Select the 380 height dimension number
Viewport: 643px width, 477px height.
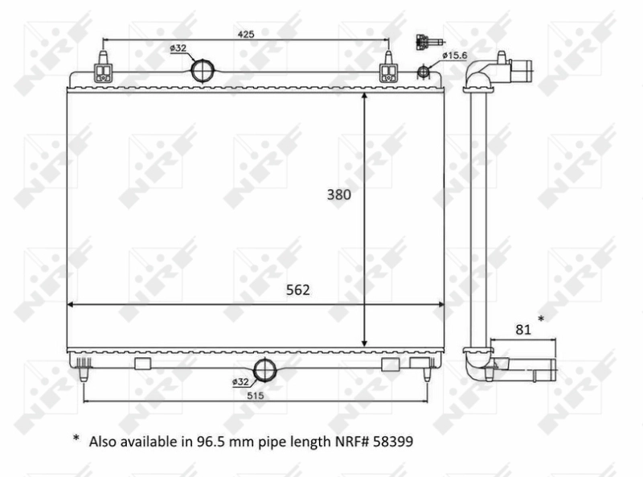click(x=338, y=194)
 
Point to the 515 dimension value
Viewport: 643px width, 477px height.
click(x=256, y=395)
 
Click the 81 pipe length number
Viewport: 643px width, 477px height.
click(x=522, y=327)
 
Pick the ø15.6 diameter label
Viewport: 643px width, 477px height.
click(x=454, y=54)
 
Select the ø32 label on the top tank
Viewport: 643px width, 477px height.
click(x=178, y=48)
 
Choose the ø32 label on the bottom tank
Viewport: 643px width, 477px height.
click(x=240, y=380)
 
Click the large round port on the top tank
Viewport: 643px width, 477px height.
click(x=203, y=71)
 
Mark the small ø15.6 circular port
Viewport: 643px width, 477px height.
click(x=424, y=73)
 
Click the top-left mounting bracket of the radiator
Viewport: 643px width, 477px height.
click(x=104, y=69)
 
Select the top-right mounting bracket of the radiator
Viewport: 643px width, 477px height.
click(x=389, y=69)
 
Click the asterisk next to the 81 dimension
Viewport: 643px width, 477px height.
click(x=540, y=320)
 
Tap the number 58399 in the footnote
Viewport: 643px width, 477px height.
click(x=396, y=442)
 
